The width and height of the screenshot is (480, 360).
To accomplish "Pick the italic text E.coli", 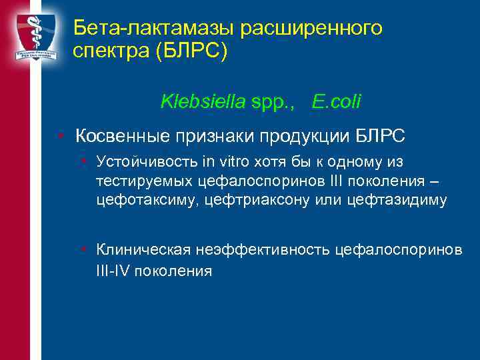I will pyautogui.click(x=337, y=101).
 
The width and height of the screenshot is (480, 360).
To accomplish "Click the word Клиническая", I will pyautogui.click(x=143, y=249).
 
